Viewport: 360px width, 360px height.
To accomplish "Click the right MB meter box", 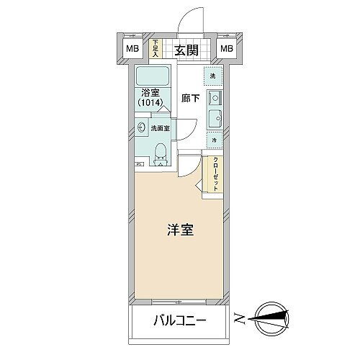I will pos(227,49).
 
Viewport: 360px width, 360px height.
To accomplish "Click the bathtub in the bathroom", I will pos(152,77).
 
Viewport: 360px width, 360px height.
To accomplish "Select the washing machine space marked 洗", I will pos(213,75).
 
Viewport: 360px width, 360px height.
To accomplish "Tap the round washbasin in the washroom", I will pos(143,128).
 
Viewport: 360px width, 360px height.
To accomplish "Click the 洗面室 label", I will pos(160,128).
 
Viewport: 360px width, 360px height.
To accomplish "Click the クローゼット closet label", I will pos(215,174).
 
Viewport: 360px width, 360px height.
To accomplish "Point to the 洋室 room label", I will pos(179,232).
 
